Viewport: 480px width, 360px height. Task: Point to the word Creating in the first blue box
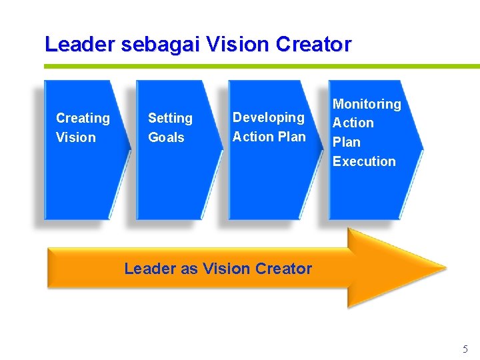coord(83,118)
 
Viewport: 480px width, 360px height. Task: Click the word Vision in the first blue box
coord(76,137)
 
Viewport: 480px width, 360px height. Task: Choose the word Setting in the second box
coord(170,118)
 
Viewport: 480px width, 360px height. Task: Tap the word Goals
coord(166,137)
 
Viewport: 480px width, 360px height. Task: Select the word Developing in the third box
coord(268,117)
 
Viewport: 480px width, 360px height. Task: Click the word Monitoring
coord(367,104)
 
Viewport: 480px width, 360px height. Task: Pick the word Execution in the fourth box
coord(364,161)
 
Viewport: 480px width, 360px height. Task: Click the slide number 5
coord(465,349)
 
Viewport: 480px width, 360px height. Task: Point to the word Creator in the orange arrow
coord(283,269)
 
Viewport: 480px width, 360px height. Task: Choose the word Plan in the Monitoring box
coord(346,142)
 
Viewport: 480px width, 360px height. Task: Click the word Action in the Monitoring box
coord(353,123)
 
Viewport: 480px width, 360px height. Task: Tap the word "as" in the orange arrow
coord(189,269)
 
